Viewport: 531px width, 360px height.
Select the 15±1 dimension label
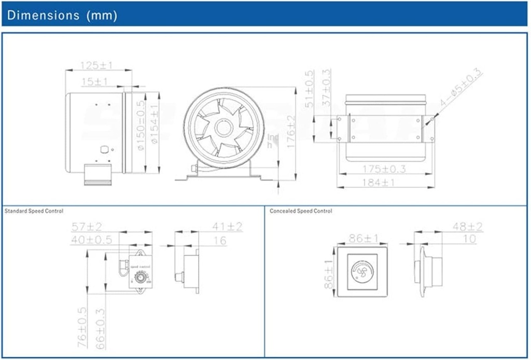95,81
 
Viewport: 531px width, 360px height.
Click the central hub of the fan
225,127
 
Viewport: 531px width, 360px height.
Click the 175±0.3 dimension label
384,169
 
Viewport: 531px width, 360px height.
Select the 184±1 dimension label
384,183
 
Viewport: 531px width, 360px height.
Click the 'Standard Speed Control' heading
34,211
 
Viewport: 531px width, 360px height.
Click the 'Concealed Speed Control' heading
301,211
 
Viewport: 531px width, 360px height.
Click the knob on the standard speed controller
140,279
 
